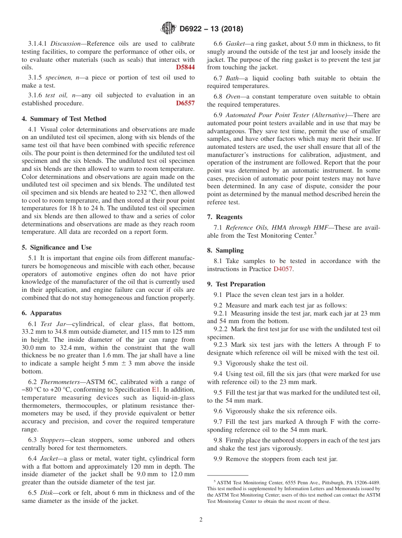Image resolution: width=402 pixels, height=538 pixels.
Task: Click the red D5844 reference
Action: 185,67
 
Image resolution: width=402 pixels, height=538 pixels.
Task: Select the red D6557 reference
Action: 185,103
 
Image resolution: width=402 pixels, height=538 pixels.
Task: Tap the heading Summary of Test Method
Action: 64,119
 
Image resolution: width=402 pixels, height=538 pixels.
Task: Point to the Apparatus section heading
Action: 41,313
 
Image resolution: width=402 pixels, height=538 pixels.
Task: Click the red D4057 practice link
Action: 283,269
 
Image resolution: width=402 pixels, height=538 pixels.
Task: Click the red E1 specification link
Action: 155,390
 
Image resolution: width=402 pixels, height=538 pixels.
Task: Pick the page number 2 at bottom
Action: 201,520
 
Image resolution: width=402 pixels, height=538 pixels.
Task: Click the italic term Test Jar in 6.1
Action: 52,324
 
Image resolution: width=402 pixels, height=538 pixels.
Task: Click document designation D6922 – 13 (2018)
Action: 211,29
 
